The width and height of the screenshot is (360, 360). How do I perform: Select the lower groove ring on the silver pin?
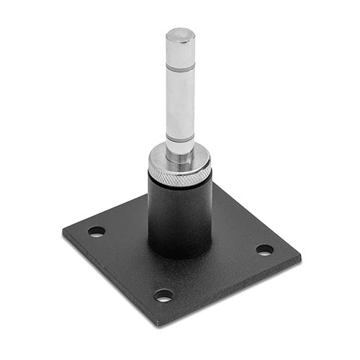point(180,137)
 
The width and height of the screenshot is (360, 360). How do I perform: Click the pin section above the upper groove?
point(180,50)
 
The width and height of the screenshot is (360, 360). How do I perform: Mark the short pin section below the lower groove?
point(180,148)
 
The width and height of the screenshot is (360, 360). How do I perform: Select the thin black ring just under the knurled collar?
point(180,182)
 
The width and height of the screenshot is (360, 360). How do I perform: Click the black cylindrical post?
point(180,216)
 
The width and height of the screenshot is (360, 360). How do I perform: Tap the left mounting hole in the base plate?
point(96,232)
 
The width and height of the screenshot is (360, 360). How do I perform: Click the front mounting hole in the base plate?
point(164,295)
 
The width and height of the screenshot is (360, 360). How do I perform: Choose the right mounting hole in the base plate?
point(264,250)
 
